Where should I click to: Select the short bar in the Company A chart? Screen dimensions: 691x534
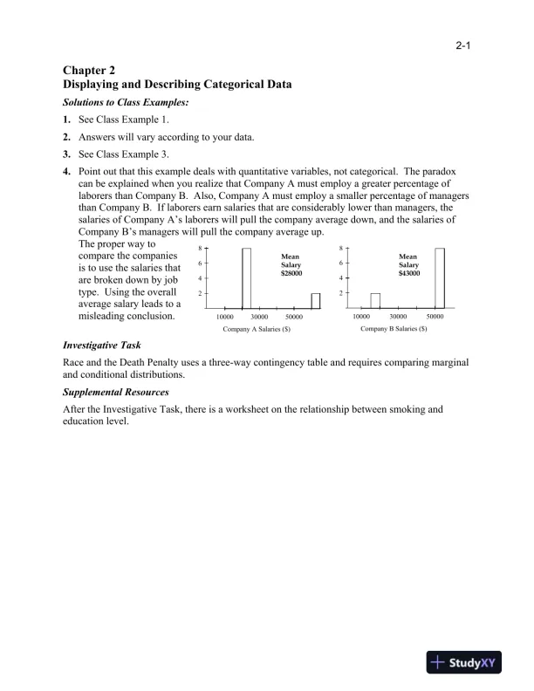(316, 300)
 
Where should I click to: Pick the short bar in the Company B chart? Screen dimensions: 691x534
(375, 300)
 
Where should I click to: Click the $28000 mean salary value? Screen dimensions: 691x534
(291, 274)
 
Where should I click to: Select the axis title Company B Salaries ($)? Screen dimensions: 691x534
(394, 329)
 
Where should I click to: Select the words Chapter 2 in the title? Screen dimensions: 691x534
(89, 70)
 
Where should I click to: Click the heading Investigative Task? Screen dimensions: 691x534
(102, 345)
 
